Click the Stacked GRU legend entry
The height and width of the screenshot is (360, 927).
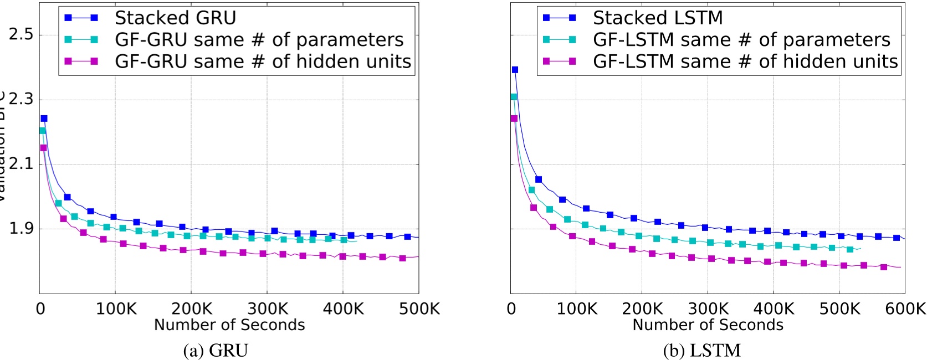click(175, 18)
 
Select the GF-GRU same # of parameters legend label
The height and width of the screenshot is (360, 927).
click(259, 39)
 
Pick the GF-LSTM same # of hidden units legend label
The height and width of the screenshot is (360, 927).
click(745, 61)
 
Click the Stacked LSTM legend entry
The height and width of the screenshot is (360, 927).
click(657, 18)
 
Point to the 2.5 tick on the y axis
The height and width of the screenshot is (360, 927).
click(21, 34)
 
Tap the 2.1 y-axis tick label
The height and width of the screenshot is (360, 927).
click(21, 164)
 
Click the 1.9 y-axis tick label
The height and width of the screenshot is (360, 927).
click(21, 229)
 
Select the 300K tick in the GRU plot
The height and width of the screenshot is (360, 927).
click(268, 308)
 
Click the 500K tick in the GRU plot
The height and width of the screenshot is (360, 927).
click(419, 308)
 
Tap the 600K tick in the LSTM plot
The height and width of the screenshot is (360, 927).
click(905, 308)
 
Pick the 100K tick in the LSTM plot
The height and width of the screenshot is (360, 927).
click(576, 308)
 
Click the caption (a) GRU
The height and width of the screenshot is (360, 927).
click(216, 350)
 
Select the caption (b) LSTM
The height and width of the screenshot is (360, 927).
click(701, 350)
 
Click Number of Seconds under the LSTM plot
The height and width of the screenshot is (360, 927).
click(708, 325)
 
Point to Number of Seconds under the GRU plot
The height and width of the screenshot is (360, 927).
click(229, 325)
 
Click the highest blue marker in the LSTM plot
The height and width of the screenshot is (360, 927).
click(515, 70)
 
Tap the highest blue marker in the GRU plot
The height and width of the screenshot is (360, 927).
click(44, 119)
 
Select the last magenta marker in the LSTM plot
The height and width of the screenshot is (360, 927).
click(884, 267)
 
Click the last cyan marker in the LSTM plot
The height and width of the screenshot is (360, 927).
click(850, 249)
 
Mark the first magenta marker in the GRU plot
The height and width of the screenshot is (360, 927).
click(43, 148)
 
